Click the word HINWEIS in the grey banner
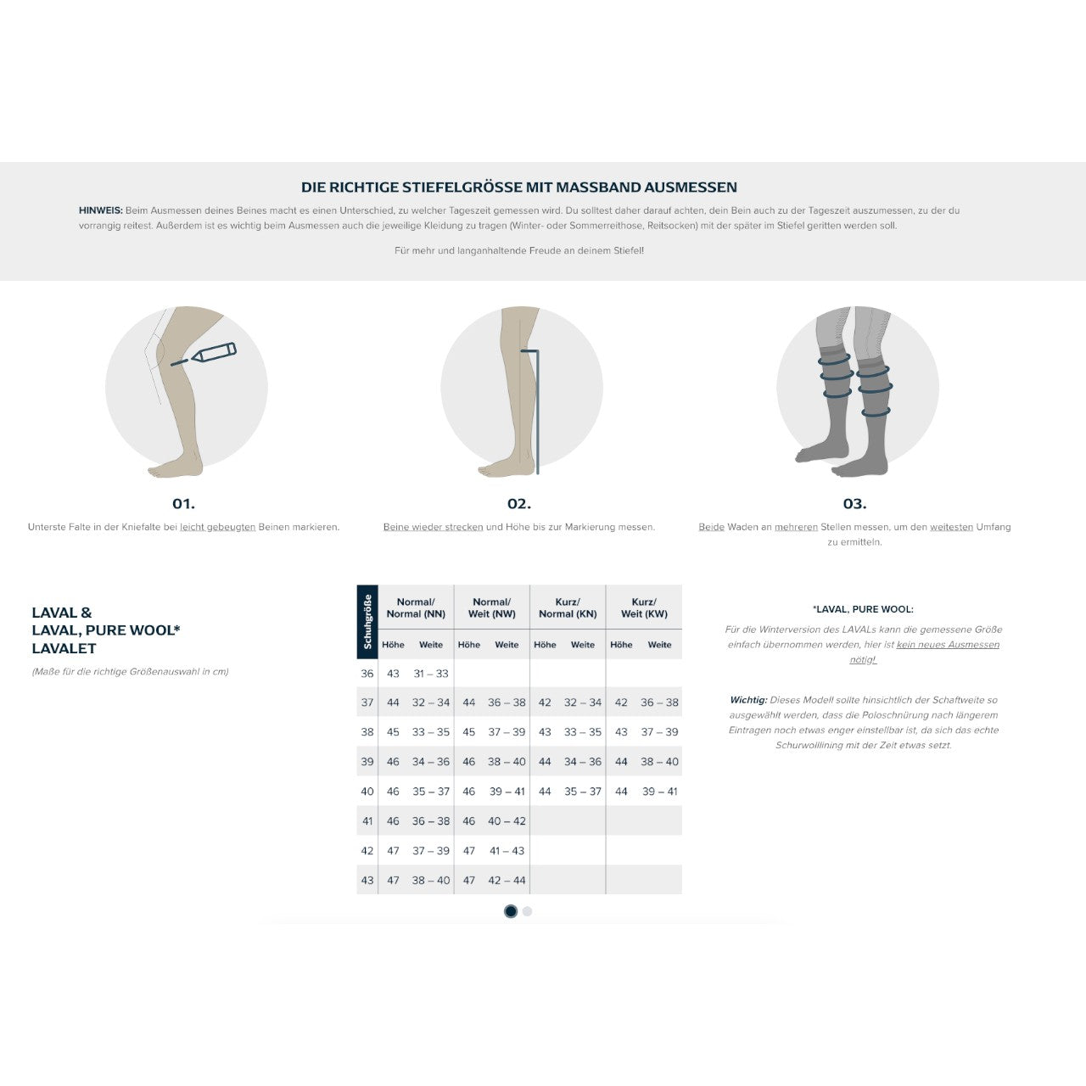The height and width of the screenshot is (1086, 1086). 100,210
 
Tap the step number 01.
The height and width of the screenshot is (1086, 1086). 184,503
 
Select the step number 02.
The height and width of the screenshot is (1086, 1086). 519,503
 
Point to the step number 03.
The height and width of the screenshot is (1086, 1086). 854,503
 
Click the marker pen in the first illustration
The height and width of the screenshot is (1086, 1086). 213,353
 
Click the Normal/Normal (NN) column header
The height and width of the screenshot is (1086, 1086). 416,607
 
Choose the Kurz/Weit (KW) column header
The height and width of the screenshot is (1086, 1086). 644,607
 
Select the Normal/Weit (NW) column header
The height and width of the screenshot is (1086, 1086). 491,607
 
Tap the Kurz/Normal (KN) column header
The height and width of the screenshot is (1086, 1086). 568,607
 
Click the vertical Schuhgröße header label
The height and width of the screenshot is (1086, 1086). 367,622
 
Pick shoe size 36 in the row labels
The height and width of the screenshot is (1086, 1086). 367,674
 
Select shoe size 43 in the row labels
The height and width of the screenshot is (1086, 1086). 367,881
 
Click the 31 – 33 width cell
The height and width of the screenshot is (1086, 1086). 430,674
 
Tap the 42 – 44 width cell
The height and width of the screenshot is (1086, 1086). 507,881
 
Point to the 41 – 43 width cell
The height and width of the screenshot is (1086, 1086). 507,850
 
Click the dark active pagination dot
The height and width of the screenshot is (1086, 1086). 511,911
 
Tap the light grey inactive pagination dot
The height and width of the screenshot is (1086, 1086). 527,911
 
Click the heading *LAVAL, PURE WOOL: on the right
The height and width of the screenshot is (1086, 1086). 863,609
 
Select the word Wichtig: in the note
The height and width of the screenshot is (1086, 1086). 747,700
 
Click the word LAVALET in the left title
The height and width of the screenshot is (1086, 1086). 64,649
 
